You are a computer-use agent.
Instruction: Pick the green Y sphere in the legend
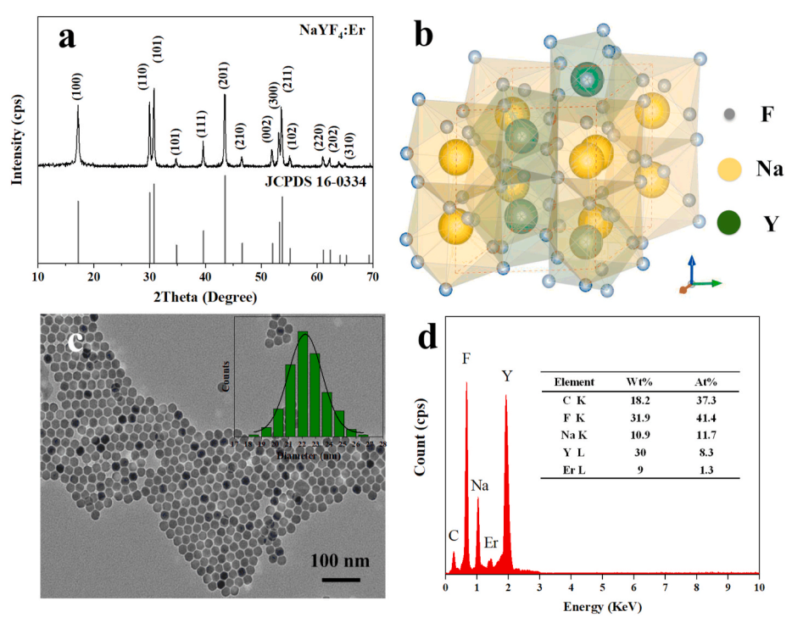click(x=731, y=224)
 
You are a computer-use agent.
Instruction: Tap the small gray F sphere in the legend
click(x=729, y=114)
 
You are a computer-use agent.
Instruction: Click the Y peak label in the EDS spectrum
click(x=506, y=374)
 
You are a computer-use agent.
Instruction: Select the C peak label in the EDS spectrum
click(x=454, y=535)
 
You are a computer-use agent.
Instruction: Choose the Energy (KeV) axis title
click(x=600, y=607)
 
